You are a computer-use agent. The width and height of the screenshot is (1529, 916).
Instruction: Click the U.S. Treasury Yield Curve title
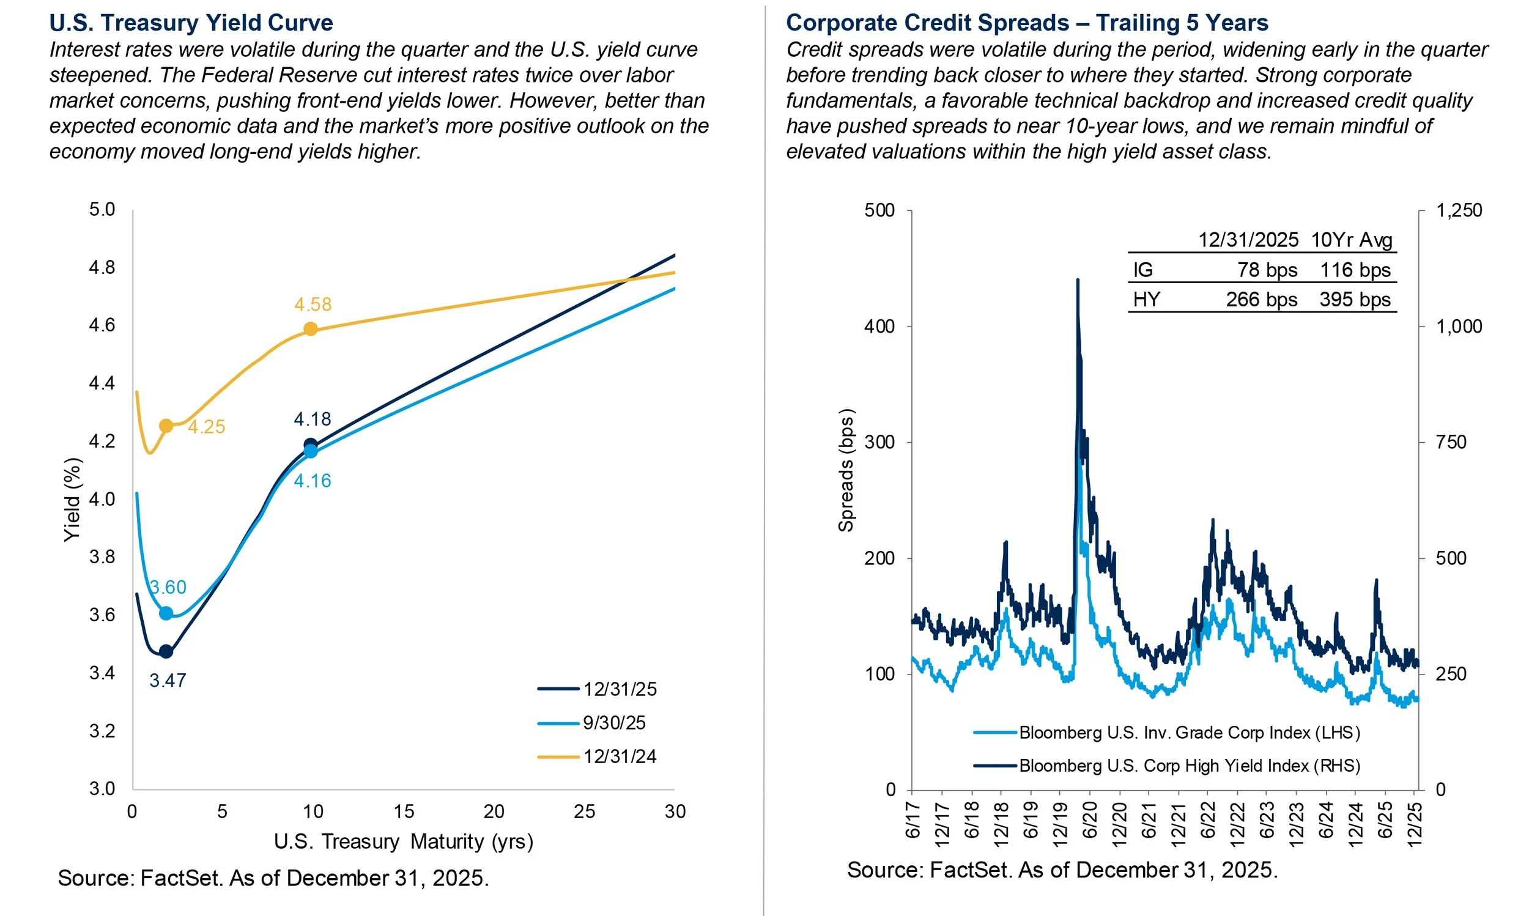tap(191, 23)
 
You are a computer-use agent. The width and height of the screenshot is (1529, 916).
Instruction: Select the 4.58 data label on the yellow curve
tap(313, 305)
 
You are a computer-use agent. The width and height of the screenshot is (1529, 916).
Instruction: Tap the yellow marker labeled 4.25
tap(166, 426)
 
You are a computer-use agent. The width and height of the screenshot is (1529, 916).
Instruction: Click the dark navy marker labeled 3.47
tap(166, 652)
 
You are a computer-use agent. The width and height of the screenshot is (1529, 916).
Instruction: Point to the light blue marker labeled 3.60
tap(166, 613)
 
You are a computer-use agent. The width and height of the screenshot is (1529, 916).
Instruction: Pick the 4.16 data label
tap(313, 481)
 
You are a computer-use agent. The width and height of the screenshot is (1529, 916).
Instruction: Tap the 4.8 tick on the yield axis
tap(102, 267)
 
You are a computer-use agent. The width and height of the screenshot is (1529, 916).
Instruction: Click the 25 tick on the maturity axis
tap(584, 811)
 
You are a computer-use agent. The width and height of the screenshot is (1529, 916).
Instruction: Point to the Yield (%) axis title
tap(73, 500)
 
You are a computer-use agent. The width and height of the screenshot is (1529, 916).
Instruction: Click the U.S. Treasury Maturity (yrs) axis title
tap(403, 841)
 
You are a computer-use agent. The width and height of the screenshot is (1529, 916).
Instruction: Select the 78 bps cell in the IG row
tap(1267, 270)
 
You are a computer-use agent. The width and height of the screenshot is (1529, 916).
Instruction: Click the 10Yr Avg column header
tap(1351, 240)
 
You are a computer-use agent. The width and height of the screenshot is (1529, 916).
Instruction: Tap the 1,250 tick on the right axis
tap(1459, 210)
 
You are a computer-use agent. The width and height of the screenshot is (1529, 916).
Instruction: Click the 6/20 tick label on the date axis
tap(1090, 820)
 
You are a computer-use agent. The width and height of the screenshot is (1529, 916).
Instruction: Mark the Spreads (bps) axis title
tap(846, 470)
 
